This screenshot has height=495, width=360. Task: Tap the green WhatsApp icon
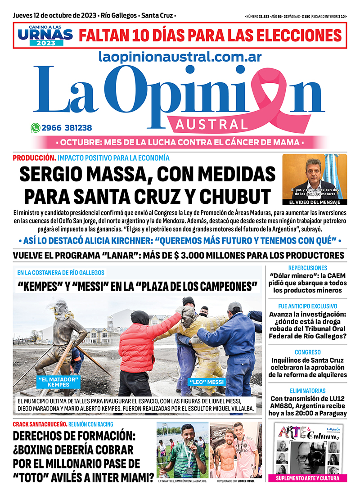pyautogui.click(x=35, y=128)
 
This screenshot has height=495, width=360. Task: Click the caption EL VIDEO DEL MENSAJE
pyautogui.click(x=315, y=202)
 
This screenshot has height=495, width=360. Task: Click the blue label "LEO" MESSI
pyautogui.click(x=206, y=382)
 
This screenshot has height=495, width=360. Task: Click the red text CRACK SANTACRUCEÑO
pyautogui.click(x=40, y=424)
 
